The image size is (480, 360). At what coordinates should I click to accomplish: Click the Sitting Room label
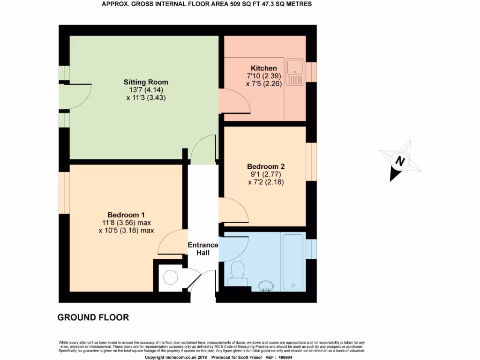146,82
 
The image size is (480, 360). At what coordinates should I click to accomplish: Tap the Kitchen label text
263,68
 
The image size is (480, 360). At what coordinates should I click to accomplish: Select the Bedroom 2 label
266,166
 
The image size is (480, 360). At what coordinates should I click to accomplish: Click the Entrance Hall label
203,249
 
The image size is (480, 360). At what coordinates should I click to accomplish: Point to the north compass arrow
400,161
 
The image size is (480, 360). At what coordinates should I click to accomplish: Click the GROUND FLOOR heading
93,317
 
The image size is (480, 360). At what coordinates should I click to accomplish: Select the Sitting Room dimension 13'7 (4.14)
146,90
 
